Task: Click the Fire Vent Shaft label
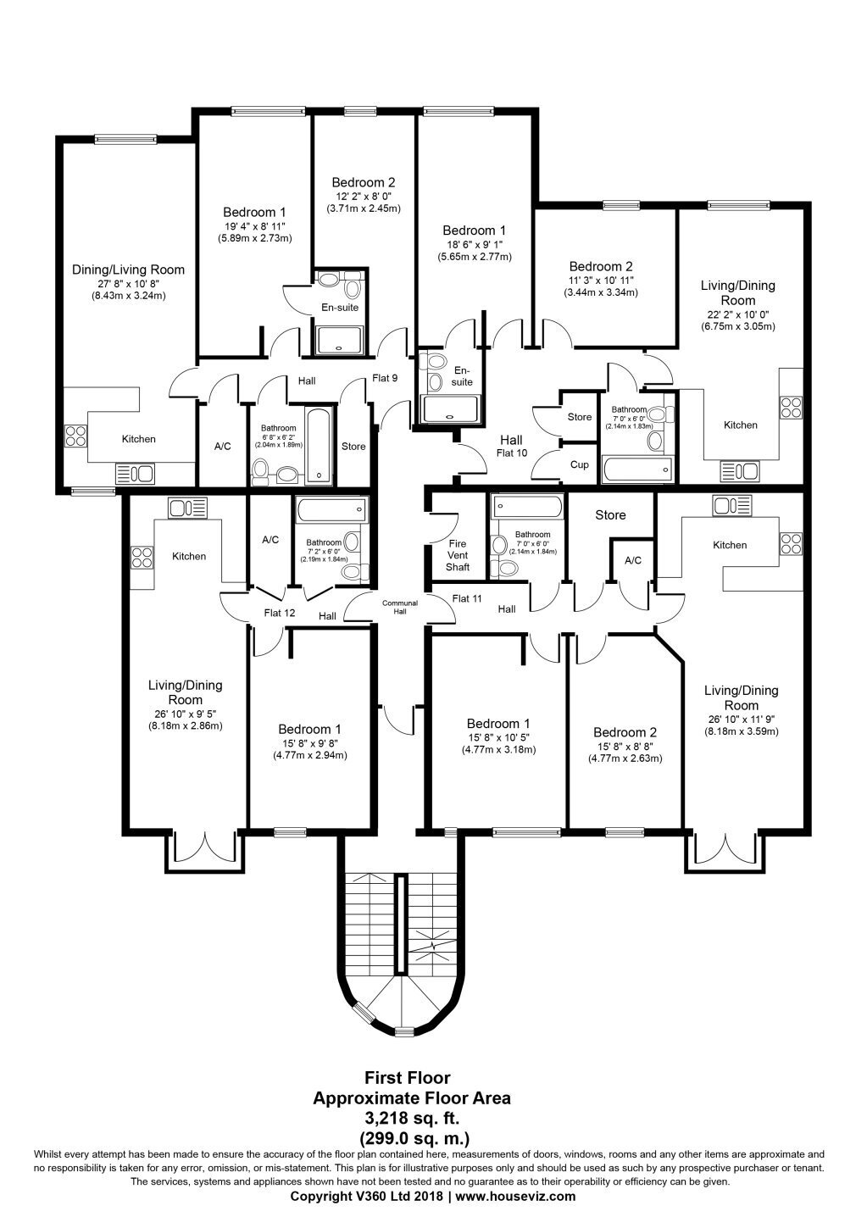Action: (x=457, y=555)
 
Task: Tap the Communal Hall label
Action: (x=400, y=607)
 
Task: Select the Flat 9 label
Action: (x=385, y=378)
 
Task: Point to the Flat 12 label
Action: (x=279, y=613)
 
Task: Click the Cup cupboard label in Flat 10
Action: (x=579, y=464)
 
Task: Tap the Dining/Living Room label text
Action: (x=128, y=269)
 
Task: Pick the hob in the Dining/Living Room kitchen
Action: (x=75, y=436)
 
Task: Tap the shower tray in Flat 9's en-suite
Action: (x=340, y=340)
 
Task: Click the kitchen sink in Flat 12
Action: (x=187, y=508)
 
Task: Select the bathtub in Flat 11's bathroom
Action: (x=527, y=508)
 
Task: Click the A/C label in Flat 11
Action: (x=633, y=560)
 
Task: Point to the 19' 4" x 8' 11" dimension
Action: (x=254, y=226)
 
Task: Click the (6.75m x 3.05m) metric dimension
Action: (x=737, y=326)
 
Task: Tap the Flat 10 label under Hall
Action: (x=511, y=453)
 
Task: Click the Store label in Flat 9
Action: (x=353, y=447)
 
